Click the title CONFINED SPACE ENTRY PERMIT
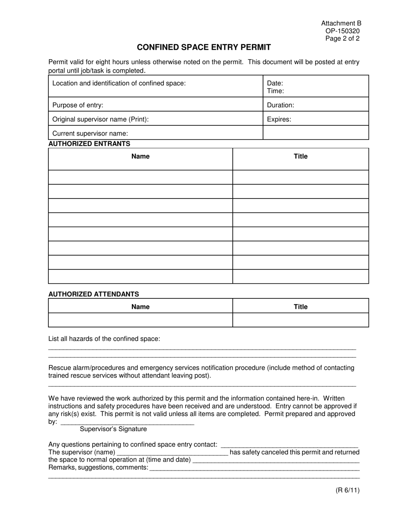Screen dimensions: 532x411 pyautogui.click(x=204, y=48)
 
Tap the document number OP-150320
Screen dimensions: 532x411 pyautogui.click(x=343, y=31)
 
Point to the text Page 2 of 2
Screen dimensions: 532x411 pyautogui.click(x=343, y=38)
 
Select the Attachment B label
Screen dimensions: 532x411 pyautogui.click(x=341, y=23)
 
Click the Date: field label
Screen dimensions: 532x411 pyautogui.click(x=275, y=83)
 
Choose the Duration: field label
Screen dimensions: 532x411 pyautogui.click(x=280, y=105)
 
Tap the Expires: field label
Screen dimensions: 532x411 pyautogui.click(x=279, y=119)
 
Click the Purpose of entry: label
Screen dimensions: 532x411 pyautogui.click(x=78, y=105)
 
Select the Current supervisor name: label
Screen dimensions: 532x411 pyautogui.click(x=90, y=134)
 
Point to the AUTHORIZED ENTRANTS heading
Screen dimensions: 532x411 pyautogui.click(x=89, y=144)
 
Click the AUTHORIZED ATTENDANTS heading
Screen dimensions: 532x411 pyautogui.click(x=93, y=294)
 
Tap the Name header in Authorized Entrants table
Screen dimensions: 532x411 pyautogui.click(x=140, y=157)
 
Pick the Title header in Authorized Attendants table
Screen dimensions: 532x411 pyautogui.click(x=300, y=307)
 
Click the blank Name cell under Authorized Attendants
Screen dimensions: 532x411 pyautogui.click(x=140, y=320)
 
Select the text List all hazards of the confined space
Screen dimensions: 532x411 pyautogui.click(x=104, y=339)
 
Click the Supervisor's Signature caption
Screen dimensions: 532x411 pyautogui.click(x=113, y=429)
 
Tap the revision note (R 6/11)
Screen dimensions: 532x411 pyautogui.click(x=347, y=490)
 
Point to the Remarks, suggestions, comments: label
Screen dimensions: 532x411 pyautogui.click(x=98, y=468)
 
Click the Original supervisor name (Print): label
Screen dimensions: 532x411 pyautogui.click(x=100, y=119)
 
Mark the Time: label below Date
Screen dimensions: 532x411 pyautogui.click(x=275, y=91)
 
